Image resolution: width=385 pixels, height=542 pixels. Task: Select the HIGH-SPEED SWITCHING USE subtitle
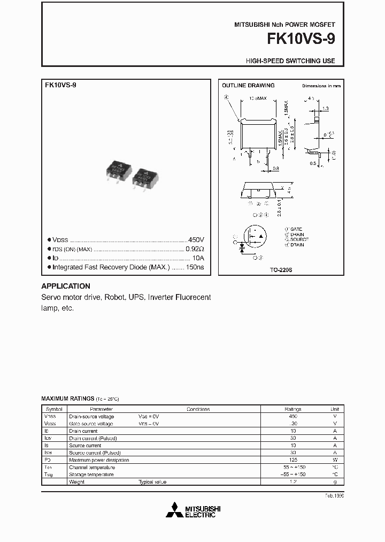point(290,61)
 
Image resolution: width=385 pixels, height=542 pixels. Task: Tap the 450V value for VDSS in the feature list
point(196,239)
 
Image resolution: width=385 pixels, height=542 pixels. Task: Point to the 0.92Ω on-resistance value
point(195,249)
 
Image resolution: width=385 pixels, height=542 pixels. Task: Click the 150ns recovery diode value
point(195,267)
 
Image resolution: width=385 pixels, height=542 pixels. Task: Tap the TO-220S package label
point(281,270)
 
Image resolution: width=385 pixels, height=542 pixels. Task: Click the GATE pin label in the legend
point(296,229)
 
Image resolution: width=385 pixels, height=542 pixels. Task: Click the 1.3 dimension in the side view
point(325,108)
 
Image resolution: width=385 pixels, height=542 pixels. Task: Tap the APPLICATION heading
point(66,286)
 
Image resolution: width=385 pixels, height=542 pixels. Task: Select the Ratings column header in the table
point(293,409)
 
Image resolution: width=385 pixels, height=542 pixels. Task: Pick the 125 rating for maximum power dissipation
point(293,460)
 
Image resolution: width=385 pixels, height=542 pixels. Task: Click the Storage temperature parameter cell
point(91,475)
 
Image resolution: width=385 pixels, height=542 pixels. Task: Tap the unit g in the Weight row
point(335,482)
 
